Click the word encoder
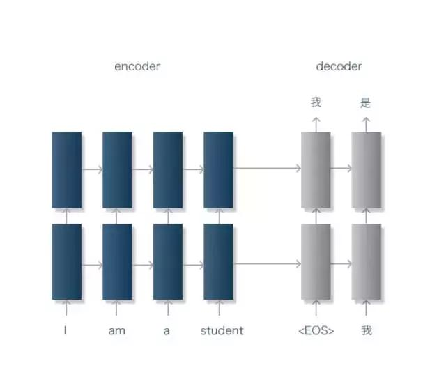pyautogui.click(x=137, y=67)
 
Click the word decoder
pyautogui.click(x=339, y=67)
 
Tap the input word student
pyautogui.click(x=222, y=330)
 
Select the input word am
pyautogui.click(x=116, y=331)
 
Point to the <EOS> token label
pyautogui.click(x=316, y=330)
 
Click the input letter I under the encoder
pyautogui.click(x=66, y=330)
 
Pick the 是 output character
pyautogui.click(x=365, y=102)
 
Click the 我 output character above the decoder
pyautogui.click(x=316, y=102)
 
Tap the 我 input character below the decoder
pyautogui.click(x=367, y=330)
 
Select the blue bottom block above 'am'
pyautogui.click(x=117, y=262)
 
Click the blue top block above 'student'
pyautogui.click(x=218, y=170)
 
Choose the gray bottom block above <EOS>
pyautogui.click(x=316, y=262)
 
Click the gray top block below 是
pyautogui.click(x=367, y=170)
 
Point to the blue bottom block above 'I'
pyautogui.click(x=67, y=262)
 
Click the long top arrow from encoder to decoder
pyautogui.click(x=267, y=168)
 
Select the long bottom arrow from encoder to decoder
pyautogui.click(x=267, y=263)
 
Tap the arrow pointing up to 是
pyautogui.click(x=366, y=125)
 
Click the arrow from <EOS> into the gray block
pyautogui.click(x=316, y=307)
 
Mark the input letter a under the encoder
pyautogui.click(x=167, y=331)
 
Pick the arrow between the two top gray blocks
pyautogui.click(x=341, y=168)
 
